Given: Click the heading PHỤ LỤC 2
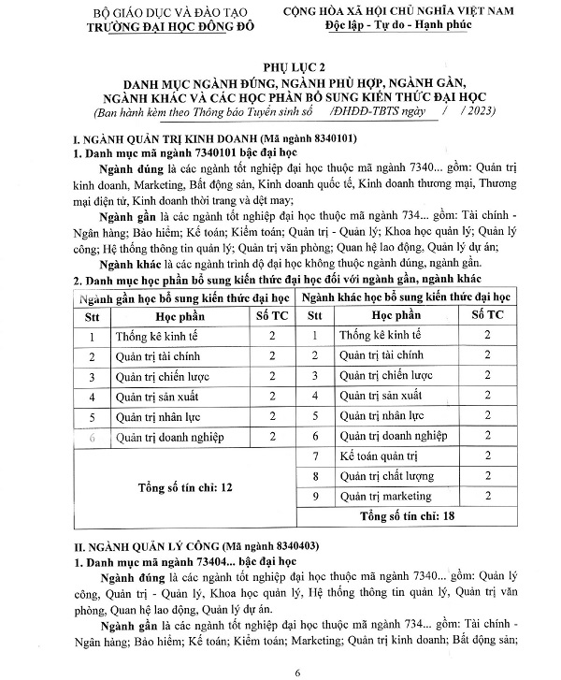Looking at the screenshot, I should coord(280,65).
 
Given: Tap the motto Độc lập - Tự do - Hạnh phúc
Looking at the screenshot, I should coord(418,27).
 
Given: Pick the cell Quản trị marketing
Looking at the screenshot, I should coord(385,496).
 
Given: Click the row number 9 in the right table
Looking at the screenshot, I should coord(316,496).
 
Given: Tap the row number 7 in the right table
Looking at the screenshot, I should coord(316,456).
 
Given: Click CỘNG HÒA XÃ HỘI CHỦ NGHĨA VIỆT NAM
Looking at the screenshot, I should coord(418,12).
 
